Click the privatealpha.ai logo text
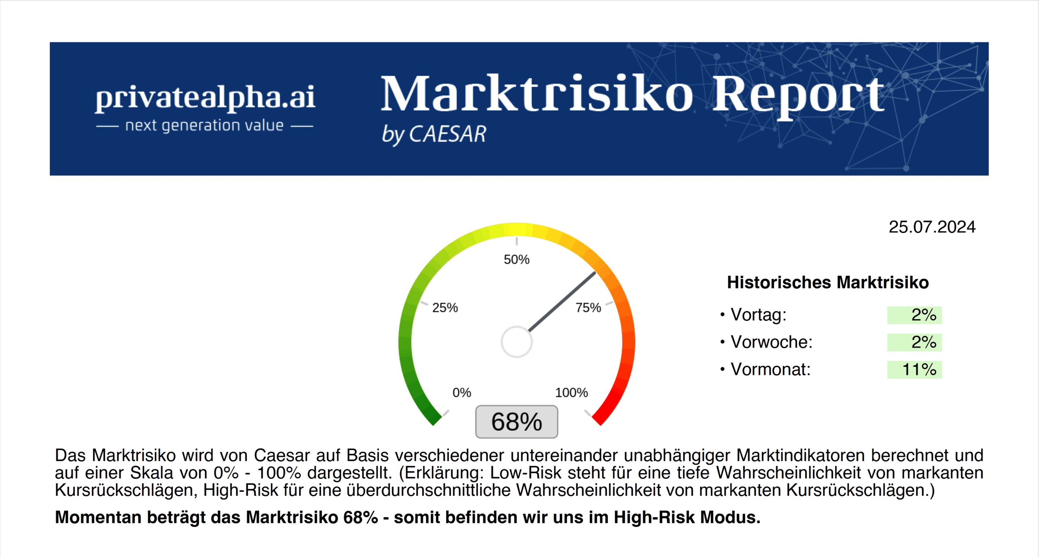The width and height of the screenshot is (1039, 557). pyautogui.click(x=205, y=97)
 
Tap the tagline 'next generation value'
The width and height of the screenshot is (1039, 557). pyautogui.click(x=204, y=125)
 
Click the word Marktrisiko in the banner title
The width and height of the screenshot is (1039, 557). pyautogui.click(x=537, y=94)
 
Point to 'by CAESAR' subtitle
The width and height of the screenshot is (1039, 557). pyautogui.click(x=434, y=134)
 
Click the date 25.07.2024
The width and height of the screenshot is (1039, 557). pyautogui.click(x=932, y=227)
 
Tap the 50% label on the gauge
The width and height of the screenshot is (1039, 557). pyautogui.click(x=516, y=260)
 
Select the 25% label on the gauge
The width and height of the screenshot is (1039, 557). pyautogui.click(x=445, y=308)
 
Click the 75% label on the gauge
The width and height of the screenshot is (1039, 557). pyautogui.click(x=588, y=308)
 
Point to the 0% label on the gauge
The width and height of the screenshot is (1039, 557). pyautogui.click(x=462, y=393)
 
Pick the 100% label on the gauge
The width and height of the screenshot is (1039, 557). pyautogui.click(x=571, y=393)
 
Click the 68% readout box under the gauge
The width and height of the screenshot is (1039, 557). pyautogui.click(x=516, y=422)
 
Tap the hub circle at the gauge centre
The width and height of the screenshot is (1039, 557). pyautogui.click(x=516, y=342)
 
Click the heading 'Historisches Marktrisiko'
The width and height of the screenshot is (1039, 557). pyautogui.click(x=828, y=283)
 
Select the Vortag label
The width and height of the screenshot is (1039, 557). pyautogui.click(x=758, y=315)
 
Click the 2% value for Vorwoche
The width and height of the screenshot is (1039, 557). pyautogui.click(x=923, y=342)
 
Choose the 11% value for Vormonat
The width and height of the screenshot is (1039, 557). pyautogui.click(x=919, y=370)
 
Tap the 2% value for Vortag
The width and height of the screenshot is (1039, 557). pyautogui.click(x=923, y=315)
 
